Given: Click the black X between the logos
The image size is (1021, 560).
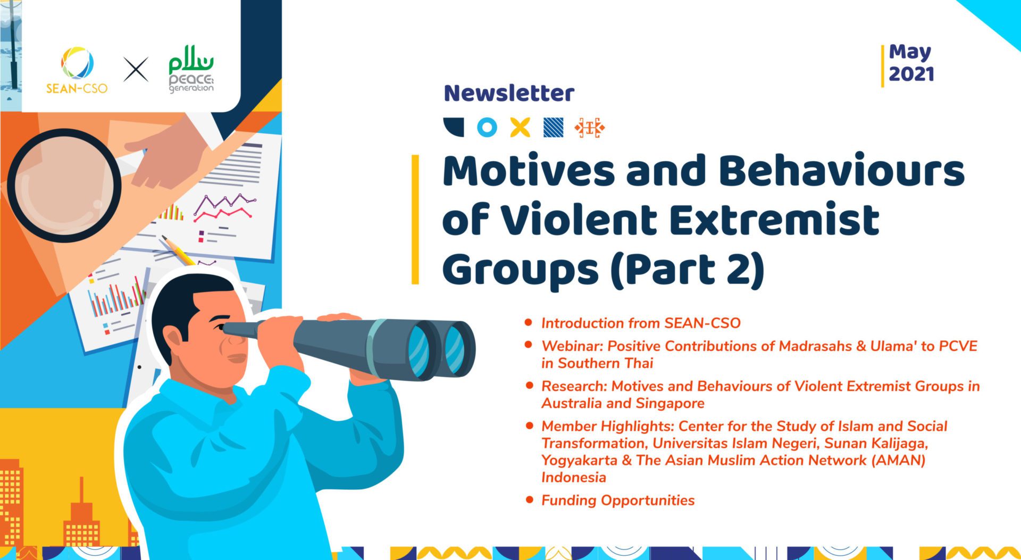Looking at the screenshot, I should click(136, 70).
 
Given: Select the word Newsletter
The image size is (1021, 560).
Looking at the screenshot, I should click(509, 93).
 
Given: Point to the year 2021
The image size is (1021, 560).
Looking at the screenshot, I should click(911, 74).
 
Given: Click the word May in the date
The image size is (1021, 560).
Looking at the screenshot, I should click(910, 52).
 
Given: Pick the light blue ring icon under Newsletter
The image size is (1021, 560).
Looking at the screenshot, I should click(487, 128).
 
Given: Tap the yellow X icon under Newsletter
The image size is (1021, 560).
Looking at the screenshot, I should click(520, 128).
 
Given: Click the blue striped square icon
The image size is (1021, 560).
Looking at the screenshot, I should click(553, 128).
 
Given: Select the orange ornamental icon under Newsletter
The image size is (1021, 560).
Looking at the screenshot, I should click(589, 128).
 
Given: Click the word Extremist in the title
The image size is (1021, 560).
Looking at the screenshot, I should click(774, 220).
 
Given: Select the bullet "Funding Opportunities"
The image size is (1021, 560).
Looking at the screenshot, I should click(617, 500).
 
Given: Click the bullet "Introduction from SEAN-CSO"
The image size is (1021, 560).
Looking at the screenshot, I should click(640, 323).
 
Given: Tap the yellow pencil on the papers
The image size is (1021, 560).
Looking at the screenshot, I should click(178, 250).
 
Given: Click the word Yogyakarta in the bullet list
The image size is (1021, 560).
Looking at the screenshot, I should click(579, 460).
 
